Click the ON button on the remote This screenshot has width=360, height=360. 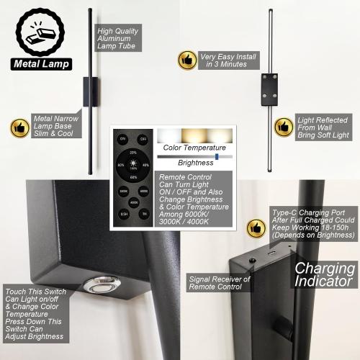click(x=122, y=138)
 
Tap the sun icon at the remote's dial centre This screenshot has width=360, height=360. click(x=133, y=165)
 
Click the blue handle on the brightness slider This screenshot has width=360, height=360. click(x=216, y=155)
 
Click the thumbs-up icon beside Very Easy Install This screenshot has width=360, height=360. click(x=186, y=59)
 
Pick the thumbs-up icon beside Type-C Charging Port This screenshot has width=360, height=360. click(x=256, y=228)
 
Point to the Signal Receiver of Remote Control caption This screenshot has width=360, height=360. click(x=219, y=283)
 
